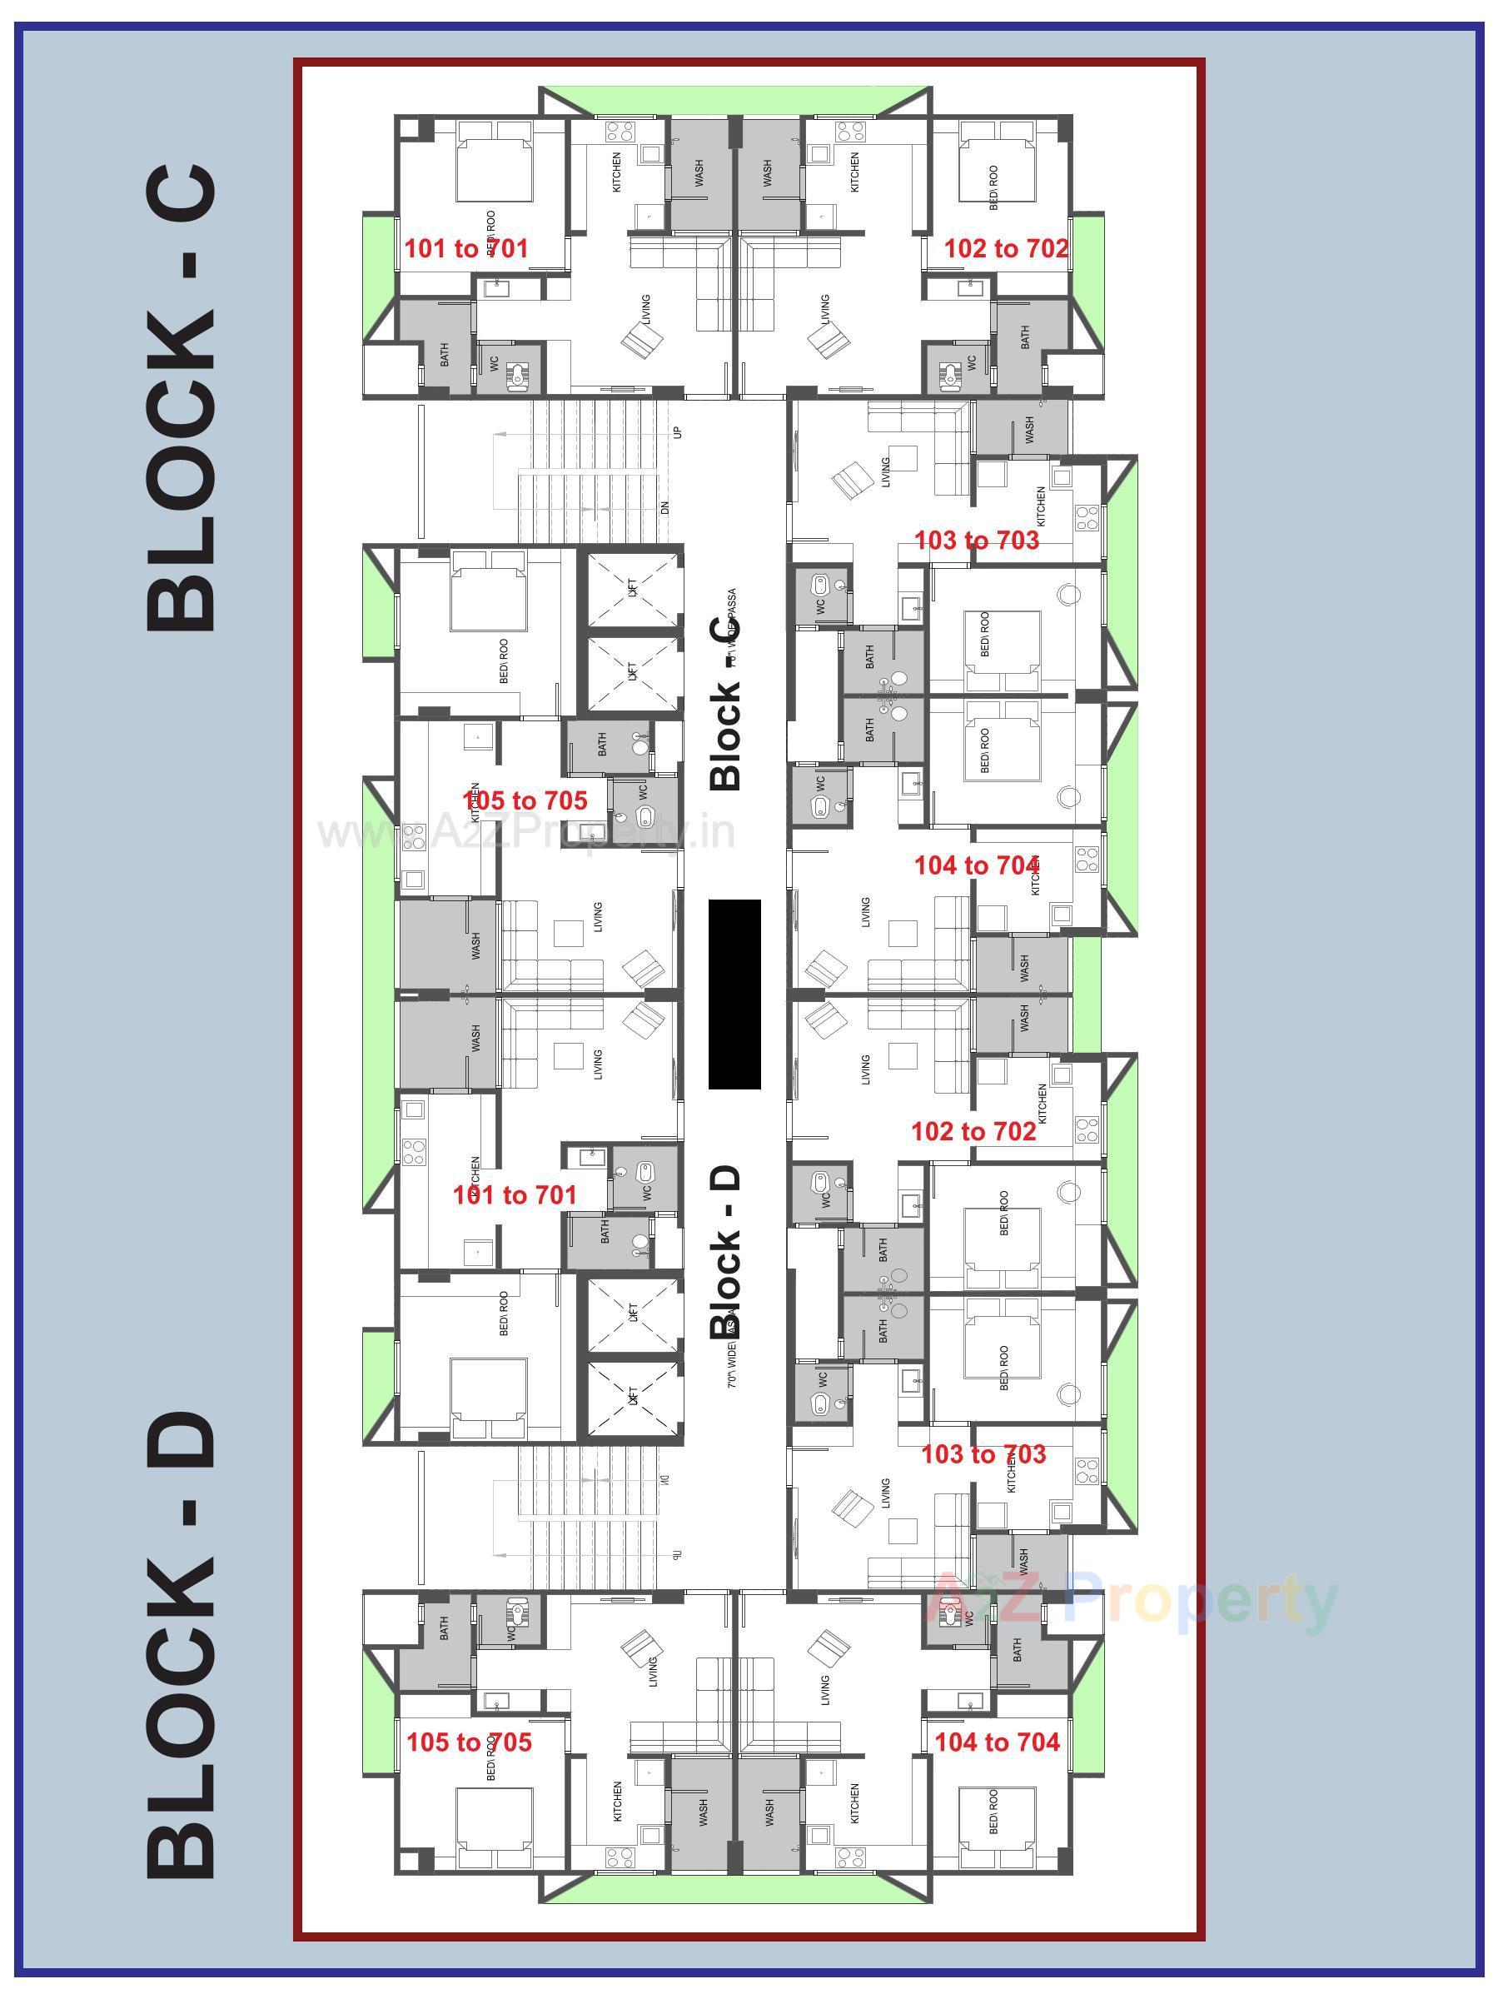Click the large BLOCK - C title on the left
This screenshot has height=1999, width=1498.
181,397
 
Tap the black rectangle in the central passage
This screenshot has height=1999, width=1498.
734,994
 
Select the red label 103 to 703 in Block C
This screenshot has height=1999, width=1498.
977,541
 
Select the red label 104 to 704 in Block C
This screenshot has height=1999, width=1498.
977,865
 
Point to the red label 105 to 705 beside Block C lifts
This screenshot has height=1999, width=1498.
524,800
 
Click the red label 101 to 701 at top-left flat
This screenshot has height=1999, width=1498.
465,248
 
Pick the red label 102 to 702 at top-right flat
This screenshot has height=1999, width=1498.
1006,248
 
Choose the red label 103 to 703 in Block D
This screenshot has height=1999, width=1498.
983,1454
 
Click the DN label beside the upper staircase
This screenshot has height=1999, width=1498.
666,508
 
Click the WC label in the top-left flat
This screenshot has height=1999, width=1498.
495,363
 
